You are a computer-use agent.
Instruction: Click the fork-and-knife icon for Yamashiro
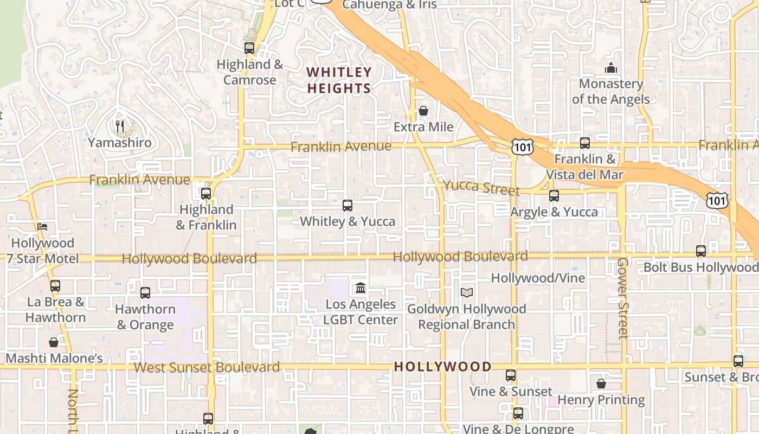(x=120, y=126)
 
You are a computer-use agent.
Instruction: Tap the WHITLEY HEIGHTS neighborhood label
(x=339, y=80)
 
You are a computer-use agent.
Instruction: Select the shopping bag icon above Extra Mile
(x=423, y=111)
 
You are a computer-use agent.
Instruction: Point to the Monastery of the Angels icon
(x=611, y=68)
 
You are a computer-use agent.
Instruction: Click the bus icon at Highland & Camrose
(x=249, y=48)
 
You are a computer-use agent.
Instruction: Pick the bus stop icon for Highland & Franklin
(x=206, y=193)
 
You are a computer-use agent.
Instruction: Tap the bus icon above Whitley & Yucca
(x=348, y=206)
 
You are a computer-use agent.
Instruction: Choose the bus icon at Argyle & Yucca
(x=554, y=196)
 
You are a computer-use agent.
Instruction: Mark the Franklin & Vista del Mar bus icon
(x=585, y=143)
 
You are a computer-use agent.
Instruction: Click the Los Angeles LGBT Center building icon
(x=361, y=288)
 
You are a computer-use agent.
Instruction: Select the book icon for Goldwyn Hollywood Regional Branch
(x=467, y=292)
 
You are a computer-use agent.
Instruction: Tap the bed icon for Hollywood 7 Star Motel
(x=42, y=226)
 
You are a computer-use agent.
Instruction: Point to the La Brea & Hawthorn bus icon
(x=55, y=285)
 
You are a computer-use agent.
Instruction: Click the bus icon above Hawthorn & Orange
(x=145, y=293)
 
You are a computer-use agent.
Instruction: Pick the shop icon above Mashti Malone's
(x=54, y=342)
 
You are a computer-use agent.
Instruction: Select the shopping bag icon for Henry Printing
(x=601, y=384)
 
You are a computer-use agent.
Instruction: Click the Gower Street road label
(x=622, y=298)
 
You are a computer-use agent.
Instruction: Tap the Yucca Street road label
(x=481, y=187)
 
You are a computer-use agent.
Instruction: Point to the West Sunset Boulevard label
(x=207, y=367)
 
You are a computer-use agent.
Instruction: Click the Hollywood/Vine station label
(x=538, y=278)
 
